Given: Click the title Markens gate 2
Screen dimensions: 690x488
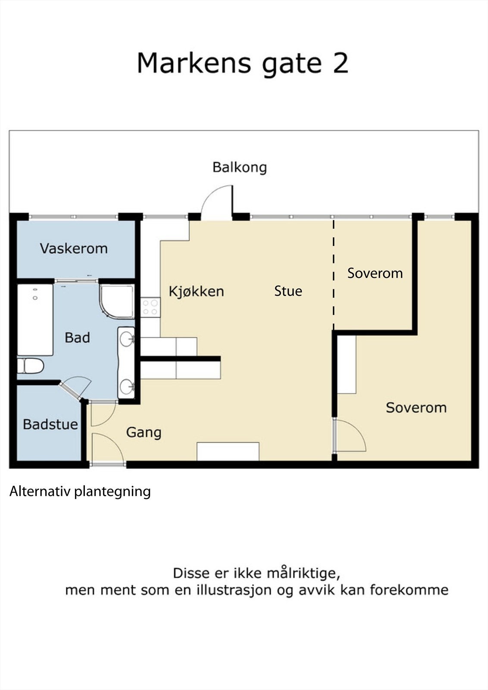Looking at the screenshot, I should click(242, 63).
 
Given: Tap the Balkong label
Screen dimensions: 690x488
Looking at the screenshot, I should click(240, 167).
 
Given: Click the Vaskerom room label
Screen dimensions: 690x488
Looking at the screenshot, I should click(74, 248).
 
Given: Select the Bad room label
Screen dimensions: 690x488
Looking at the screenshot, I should click(77, 338).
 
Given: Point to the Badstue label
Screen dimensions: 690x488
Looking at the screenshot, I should click(50, 424).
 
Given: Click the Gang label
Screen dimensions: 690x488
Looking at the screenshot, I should click(144, 433).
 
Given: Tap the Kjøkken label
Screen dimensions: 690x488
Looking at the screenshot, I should click(196, 292).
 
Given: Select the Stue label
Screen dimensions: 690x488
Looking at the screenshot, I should click(288, 291).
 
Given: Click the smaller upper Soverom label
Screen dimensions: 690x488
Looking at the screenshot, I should click(375, 273).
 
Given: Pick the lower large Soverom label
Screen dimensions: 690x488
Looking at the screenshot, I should click(416, 408).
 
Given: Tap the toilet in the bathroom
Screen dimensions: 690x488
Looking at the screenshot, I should click(31, 366).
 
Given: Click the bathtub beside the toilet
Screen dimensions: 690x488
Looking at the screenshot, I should click(35, 320).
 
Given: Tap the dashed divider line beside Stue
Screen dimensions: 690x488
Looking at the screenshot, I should click(334, 276).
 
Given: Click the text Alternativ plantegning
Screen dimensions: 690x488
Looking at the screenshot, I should click(80, 491).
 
